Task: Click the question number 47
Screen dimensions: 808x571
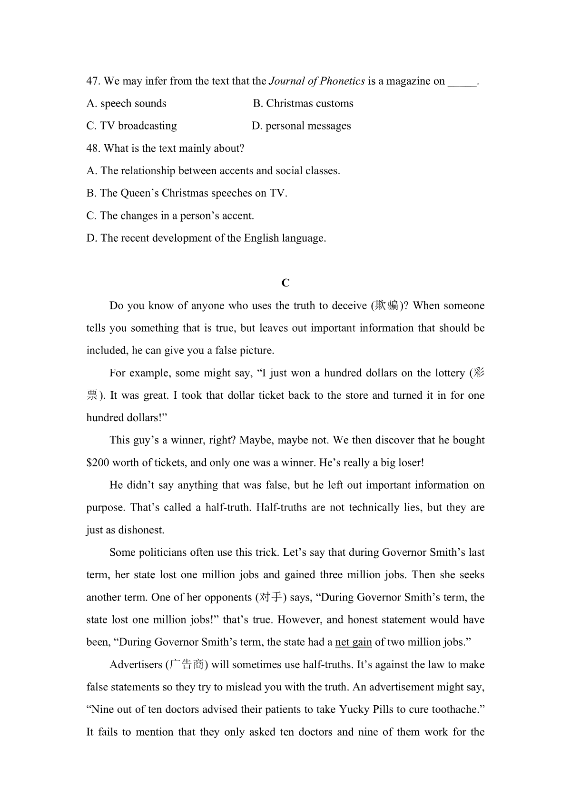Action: (x=92, y=81)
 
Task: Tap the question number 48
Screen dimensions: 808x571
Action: (x=92, y=148)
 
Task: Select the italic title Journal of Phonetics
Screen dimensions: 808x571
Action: (x=317, y=81)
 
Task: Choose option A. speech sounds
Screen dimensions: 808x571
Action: (x=127, y=104)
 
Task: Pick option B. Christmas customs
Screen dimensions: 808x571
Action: (x=303, y=104)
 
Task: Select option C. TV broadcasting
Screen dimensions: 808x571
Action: (x=131, y=126)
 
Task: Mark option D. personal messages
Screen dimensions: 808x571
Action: (x=301, y=126)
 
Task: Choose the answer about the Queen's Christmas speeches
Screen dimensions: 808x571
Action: (x=187, y=193)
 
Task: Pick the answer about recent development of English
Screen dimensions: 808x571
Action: (x=207, y=238)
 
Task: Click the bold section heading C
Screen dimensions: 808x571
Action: (x=285, y=283)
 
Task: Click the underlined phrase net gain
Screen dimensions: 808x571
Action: (x=354, y=642)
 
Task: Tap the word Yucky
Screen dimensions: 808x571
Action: (x=354, y=709)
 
